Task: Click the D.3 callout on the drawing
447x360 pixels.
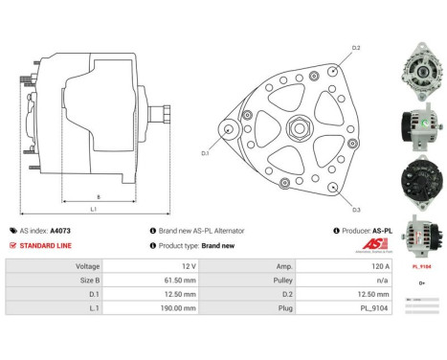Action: [x=355, y=209]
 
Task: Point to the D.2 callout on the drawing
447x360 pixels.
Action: [x=355, y=47]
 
